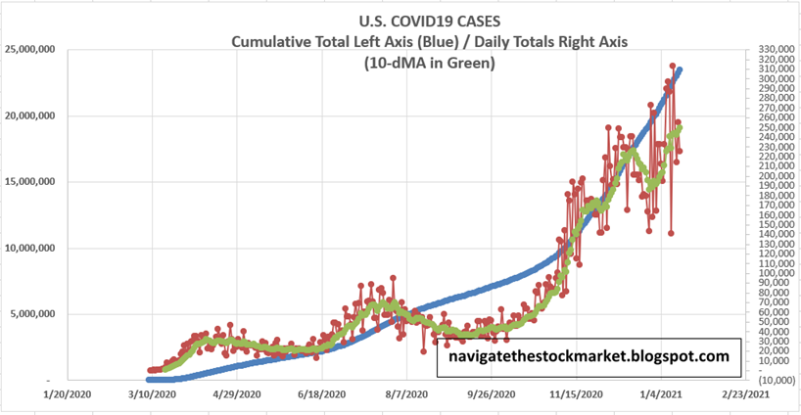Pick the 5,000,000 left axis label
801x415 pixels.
tap(31, 314)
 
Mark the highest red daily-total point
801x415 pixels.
tap(673, 67)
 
